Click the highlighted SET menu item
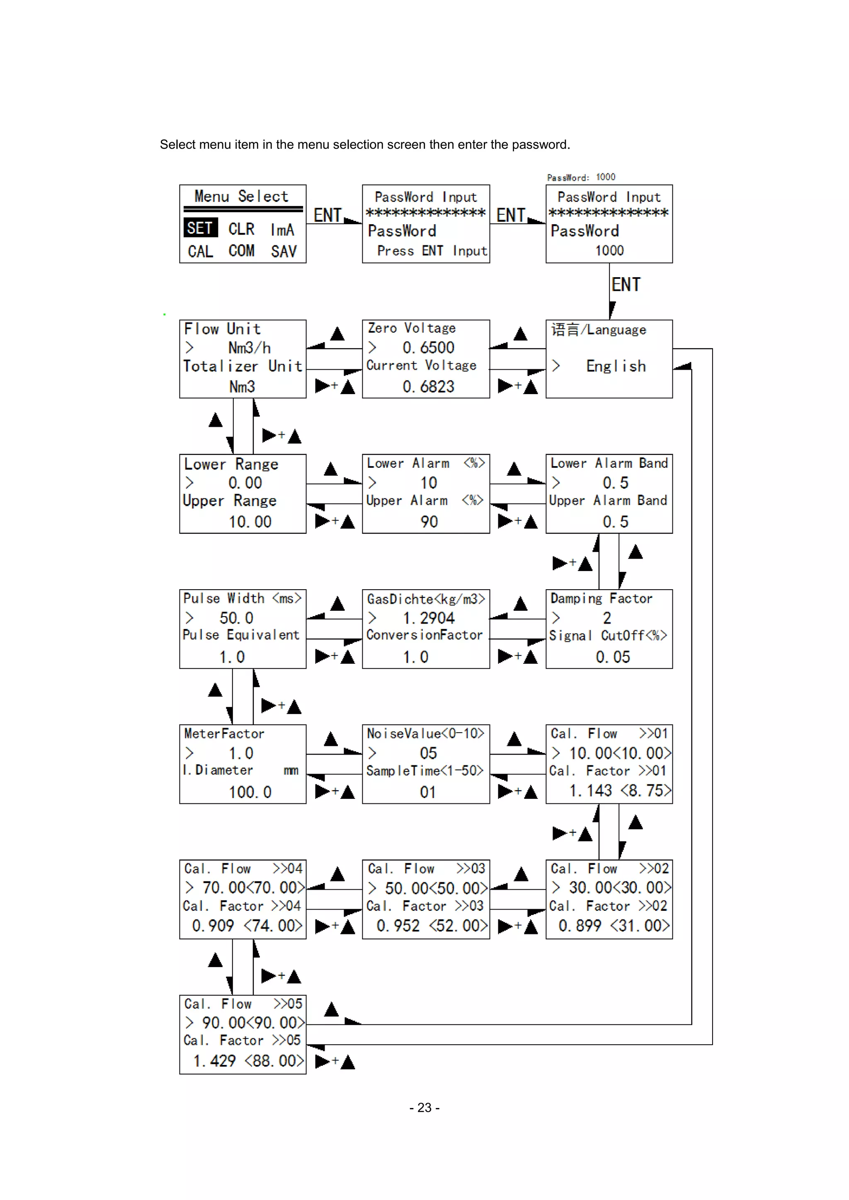(200, 228)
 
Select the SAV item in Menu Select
(284, 252)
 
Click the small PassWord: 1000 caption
(581, 177)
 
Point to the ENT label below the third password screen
(626, 285)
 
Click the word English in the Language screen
(616, 366)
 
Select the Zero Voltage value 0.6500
(428, 348)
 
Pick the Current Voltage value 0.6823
(428, 387)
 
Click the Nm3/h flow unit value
(250, 348)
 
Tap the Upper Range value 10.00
(250, 522)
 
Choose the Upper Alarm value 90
(429, 522)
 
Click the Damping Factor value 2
(606, 618)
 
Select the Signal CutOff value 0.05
(613, 657)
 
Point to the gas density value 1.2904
(428, 618)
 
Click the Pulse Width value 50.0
(236, 618)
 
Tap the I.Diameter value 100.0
(250, 792)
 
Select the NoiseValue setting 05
(428, 753)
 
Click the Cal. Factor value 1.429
(214, 1061)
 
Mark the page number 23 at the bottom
(424, 1108)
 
